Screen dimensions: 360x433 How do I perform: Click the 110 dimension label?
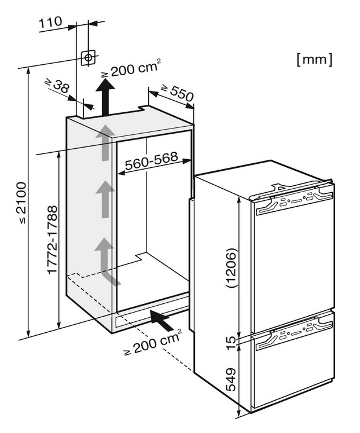tap(50, 22)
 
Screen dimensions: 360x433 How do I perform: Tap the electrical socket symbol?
tap(89, 57)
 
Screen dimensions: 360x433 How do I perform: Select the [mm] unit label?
tap(314, 60)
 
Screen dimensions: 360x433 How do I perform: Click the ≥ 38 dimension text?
tap(57, 86)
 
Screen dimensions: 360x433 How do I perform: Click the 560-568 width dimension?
tap(151, 161)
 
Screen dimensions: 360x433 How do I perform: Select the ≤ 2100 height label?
tap(21, 203)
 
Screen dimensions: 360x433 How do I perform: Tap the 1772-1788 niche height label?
tap(52, 240)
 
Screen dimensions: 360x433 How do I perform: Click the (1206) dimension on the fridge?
tap(231, 268)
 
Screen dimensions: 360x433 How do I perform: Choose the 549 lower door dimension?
tap(231, 379)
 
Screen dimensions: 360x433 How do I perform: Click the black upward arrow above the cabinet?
tap(105, 97)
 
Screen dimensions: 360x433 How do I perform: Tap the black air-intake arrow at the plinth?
tap(161, 320)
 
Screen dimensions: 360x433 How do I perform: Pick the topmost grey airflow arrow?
tap(105, 142)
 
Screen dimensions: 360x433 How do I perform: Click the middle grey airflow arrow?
tap(105, 199)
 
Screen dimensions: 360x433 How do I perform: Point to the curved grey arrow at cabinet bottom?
tap(106, 261)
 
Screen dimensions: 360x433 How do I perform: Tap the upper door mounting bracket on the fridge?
tap(295, 201)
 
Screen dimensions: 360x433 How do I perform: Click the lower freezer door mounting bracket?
tap(294, 334)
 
